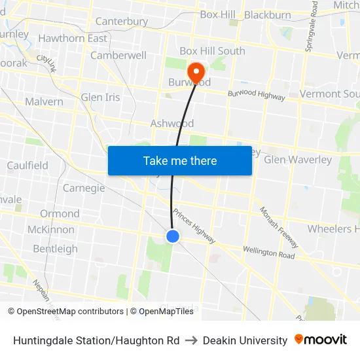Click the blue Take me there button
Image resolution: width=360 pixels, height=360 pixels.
[x=180, y=160]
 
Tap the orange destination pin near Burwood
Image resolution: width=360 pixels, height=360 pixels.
[x=196, y=71]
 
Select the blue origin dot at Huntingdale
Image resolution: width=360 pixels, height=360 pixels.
[x=173, y=236]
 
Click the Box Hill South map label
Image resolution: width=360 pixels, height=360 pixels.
[x=212, y=51]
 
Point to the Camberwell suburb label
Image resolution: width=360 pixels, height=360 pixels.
[x=118, y=56]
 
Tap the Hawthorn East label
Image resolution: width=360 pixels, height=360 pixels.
[x=73, y=39]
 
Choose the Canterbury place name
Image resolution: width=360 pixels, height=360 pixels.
[x=122, y=22]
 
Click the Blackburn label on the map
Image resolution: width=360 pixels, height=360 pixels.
[x=268, y=15]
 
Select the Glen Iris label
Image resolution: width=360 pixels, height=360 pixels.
[x=101, y=98]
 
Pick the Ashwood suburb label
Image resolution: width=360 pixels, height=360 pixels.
[x=172, y=124]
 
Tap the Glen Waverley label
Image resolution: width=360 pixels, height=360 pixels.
[x=298, y=160]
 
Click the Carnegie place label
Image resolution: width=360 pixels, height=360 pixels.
[x=84, y=189]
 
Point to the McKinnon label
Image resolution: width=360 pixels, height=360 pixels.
[x=51, y=230]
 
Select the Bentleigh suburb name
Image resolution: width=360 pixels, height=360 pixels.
[x=55, y=249]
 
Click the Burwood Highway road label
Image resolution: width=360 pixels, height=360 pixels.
[x=257, y=95]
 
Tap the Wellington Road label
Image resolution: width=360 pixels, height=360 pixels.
[x=268, y=251]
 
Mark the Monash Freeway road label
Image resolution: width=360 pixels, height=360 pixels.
[x=279, y=226]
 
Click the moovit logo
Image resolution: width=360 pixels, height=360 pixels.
[x=321, y=340]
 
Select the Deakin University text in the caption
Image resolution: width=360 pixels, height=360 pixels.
[x=245, y=340]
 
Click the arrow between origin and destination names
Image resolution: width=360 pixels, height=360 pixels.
[x=191, y=340]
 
